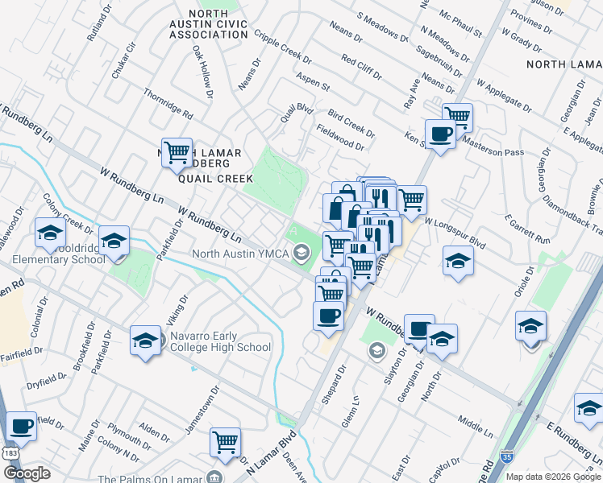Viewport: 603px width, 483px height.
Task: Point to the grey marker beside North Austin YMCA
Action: (302, 255)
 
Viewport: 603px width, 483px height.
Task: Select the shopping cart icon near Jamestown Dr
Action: (225, 441)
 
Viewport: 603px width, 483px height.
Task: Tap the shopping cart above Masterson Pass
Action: (457, 117)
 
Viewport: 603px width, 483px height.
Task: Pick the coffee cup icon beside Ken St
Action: (440, 134)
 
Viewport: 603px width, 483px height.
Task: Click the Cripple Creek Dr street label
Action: (283, 48)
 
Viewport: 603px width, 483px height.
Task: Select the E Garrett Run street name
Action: (527, 229)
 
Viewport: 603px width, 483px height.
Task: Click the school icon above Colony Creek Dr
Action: (50, 233)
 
